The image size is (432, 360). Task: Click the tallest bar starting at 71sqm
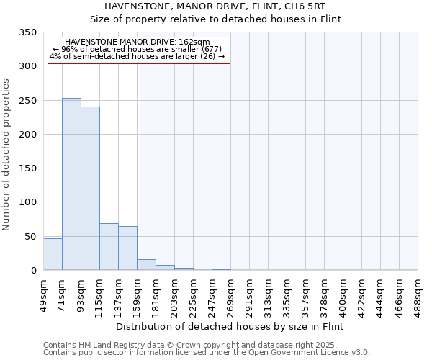(x=71, y=184)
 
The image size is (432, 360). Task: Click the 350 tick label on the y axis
(x=27, y=33)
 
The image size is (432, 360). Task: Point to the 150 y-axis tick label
(x=27, y=168)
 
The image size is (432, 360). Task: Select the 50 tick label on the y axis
(x=30, y=236)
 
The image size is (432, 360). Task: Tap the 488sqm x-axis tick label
(x=418, y=294)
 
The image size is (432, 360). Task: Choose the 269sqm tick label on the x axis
(x=231, y=294)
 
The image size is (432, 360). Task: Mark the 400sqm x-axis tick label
(x=343, y=294)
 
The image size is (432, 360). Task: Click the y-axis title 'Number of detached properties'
(x=6, y=155)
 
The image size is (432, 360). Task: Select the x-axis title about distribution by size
(x=230, y=326)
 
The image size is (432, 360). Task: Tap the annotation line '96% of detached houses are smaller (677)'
(x=138, y=49)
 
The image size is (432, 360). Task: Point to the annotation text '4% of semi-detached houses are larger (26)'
(x=138, y=56)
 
